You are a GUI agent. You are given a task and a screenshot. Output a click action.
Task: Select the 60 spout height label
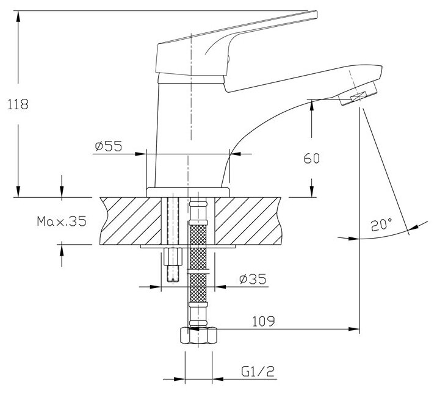pyautogui.click(x=312, y=159)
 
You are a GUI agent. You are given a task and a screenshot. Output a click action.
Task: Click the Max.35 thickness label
pyautogui.click(x=60, y=221)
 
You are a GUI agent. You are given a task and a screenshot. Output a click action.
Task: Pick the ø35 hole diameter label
pyautogui.click(x=251, y=279)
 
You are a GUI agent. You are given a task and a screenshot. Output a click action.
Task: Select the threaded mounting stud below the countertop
pyautogui.click(x=173, y=265)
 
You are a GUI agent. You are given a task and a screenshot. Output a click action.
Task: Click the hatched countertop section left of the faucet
pyautogui.click(x=125, y=220)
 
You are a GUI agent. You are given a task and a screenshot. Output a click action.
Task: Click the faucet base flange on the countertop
pyautogui.click(x=189, y=192)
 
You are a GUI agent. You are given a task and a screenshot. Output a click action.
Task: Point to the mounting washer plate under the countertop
pyautogui.click(x=189, y=247)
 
